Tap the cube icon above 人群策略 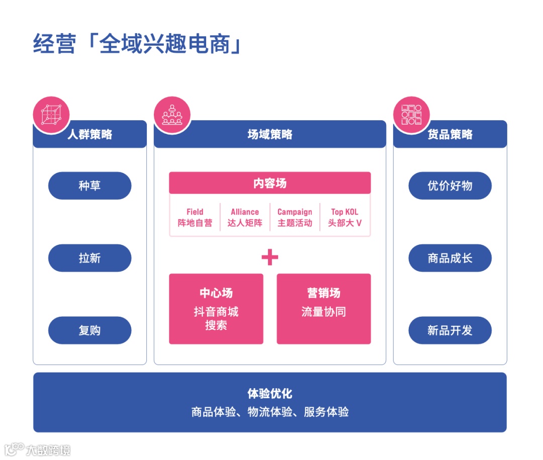point(51,115)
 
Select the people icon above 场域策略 point(172,115)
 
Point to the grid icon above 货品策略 point(411,115)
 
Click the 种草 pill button point(89,186)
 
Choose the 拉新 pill point(89,258)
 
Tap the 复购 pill point(89,330)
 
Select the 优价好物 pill point(449,186)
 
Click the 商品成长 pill point(449,258)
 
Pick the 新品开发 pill point(449,330)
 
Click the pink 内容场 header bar point(269,183)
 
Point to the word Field point(195,212)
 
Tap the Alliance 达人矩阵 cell point(245,217)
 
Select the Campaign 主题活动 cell point(295,217)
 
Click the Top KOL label point(344,212)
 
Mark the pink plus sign point(269,257)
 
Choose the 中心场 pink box point(216,309)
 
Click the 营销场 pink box point(323,309)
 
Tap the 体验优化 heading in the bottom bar point(269,393)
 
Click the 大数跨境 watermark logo point(38,449)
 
